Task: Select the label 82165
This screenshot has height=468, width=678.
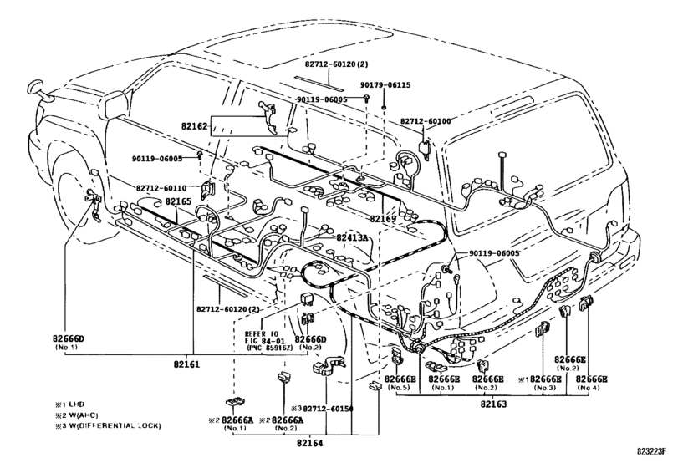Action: coord(178,201)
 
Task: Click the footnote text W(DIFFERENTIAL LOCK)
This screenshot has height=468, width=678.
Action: coord(113,426)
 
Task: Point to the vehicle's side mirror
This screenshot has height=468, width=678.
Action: coord(37,87)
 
